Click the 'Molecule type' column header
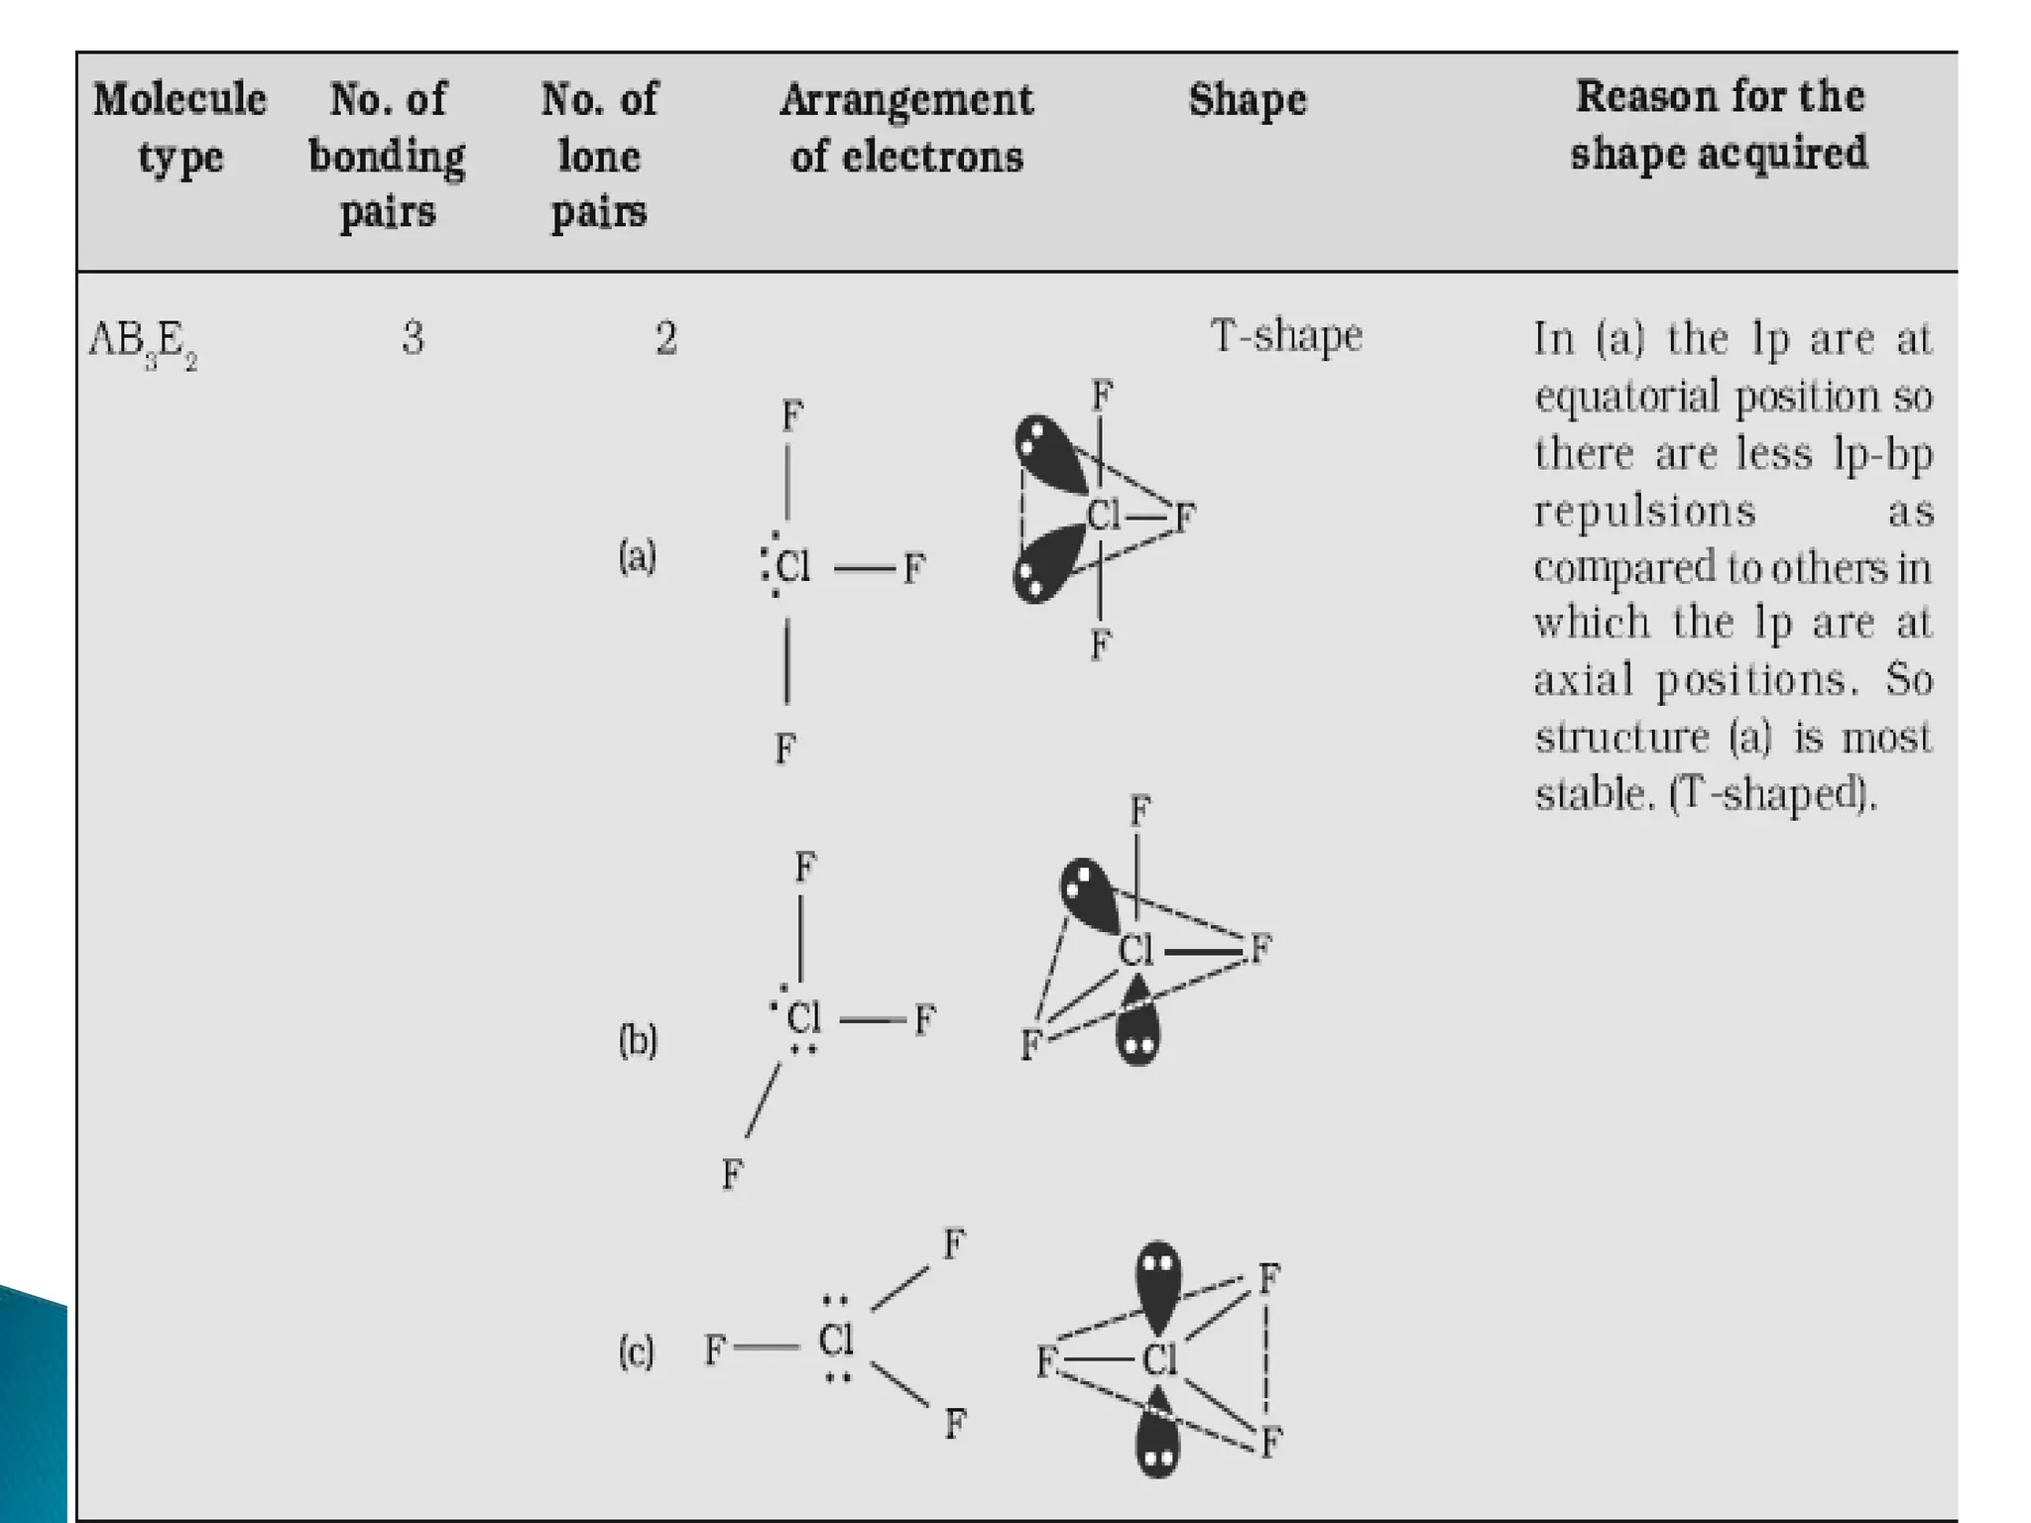(x=179, y=127)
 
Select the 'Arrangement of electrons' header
(x=906, y=127)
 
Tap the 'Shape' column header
(x=1248, y=99)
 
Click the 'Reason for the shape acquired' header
(x=1719, y=125)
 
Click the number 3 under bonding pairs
(x=414, y=339)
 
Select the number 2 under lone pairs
(x=665, y=339)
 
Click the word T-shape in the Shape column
(x=1286, y=335)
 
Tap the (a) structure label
(x=638, y=556)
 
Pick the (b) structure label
(x=638, y=1040)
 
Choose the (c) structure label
(x=637, y=1351)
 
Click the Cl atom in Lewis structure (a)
(x=792, y=567)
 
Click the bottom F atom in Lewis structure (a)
(x=784, y=748)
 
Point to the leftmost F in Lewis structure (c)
(x=714, y=1349)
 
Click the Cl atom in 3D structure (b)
(x=1135, y=951)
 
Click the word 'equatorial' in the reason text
(x=1626, y=398)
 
